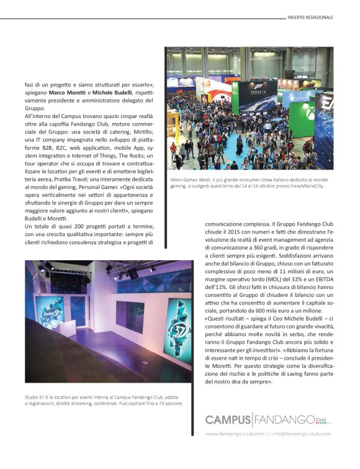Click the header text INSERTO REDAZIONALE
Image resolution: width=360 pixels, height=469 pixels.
310,17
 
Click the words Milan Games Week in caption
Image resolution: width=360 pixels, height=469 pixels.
188,180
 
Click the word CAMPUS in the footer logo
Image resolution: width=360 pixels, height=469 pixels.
228,420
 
